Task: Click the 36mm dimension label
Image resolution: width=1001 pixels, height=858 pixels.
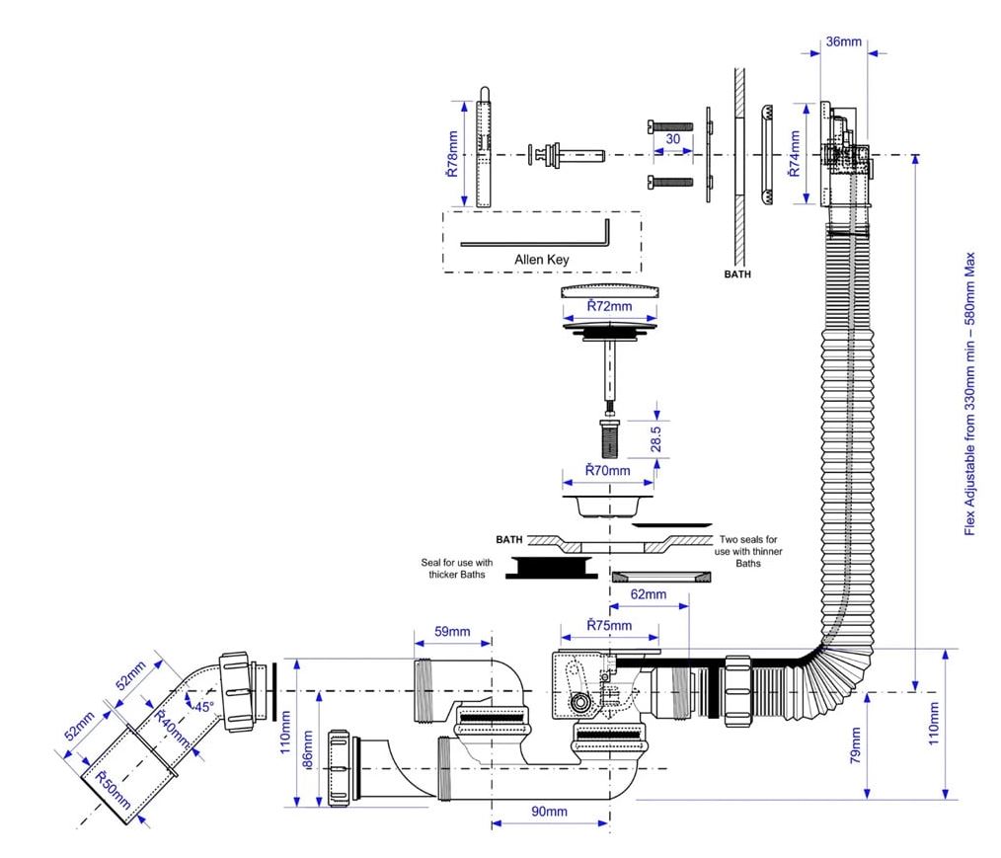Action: coord(843,41)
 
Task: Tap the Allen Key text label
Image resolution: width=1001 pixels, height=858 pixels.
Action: coord(541,260)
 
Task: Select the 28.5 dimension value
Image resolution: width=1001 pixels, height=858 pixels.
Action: coord(655,439)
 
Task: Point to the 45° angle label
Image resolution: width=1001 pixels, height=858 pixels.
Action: coord(204,707)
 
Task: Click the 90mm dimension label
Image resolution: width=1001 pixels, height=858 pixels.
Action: coord(549,812)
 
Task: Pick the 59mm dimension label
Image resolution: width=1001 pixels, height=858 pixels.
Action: coord(452,631)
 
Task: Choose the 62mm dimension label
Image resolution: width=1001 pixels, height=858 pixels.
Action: coord(648,594)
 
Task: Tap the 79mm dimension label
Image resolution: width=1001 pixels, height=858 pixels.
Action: coord(855,745)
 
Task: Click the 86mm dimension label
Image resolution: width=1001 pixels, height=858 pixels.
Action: coord(307,750)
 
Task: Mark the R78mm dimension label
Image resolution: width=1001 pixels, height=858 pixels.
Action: coord(452,154)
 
